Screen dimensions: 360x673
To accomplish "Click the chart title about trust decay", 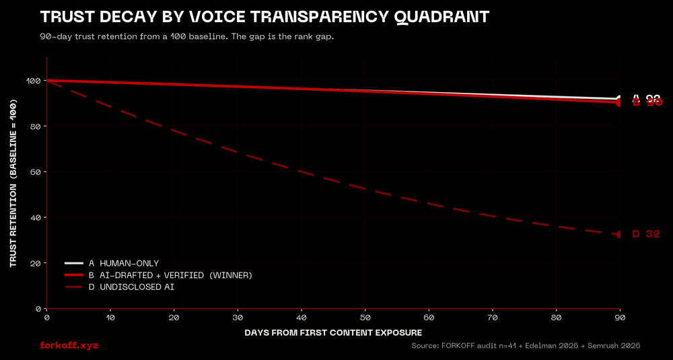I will [x=264, y=17].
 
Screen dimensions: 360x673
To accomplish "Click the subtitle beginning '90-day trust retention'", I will [x=187, y=36].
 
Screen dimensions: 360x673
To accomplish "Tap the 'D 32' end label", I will [x=645, y=234].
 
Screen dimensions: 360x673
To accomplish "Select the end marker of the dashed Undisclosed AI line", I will [x=619, y=234].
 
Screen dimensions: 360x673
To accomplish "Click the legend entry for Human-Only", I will [x=124, y=263].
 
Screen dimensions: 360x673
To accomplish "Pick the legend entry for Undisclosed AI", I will [x=132, y=287].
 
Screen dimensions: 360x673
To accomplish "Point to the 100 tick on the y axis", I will [x=32, y=81].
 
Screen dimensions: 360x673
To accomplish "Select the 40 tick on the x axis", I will [x=301, y=317].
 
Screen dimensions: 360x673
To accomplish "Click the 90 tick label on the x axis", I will [x=619, y=317].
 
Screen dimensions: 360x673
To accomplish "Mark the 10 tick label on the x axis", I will [x=110, y=317].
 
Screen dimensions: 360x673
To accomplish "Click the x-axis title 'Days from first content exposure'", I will [x=333, y=332].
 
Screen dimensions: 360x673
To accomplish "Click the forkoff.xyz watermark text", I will [x=69, y=345].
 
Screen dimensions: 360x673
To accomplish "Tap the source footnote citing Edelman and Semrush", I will [x=525, y=345].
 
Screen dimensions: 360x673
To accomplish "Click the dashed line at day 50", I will [x=365, y=189].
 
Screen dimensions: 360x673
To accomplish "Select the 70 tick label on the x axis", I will [x=492, y=317].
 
